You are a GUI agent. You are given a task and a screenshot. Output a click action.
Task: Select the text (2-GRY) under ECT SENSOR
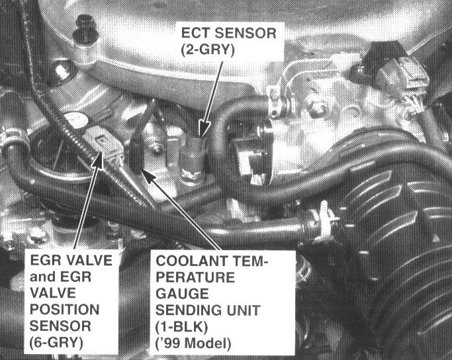pyautogui.click(x=208, y=50)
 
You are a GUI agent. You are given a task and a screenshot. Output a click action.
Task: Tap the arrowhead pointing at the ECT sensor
pyautogui.click(x=204, y=129)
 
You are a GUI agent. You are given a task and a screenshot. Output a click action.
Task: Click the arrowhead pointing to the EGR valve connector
pyautogui.click(x=98, y=159)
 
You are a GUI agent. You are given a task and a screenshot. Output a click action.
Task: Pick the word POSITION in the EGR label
pyautogui.click(x=65, y=310)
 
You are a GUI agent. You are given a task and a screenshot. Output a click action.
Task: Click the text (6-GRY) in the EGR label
pyautogui.click(x=56, y=343)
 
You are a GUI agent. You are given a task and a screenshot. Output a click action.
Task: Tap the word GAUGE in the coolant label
pyautogui.click(x=182, y=294)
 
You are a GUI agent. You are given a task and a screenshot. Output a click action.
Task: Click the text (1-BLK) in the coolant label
pyautogui.click(x=181, y=327)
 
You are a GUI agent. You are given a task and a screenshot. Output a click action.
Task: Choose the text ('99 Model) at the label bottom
pyautogui.click(x=193, y=343)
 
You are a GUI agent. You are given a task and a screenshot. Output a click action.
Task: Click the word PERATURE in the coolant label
pyautogui.click(x=195, y=277)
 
